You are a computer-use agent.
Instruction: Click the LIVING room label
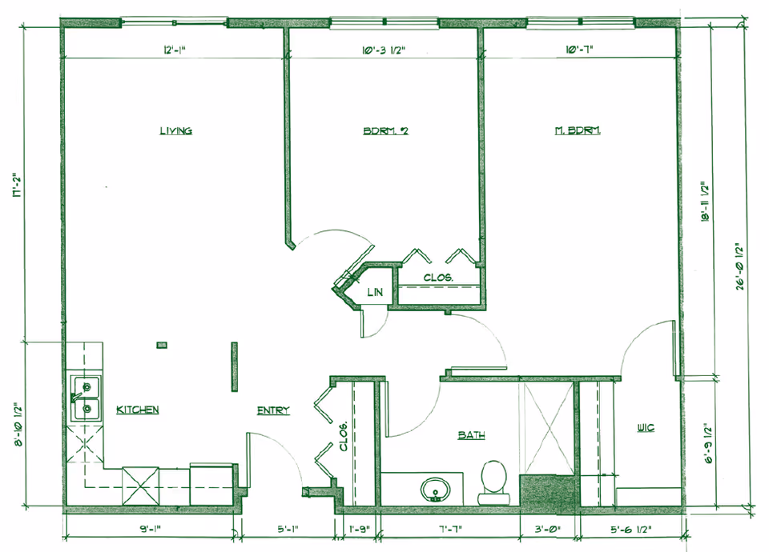pos(175,131)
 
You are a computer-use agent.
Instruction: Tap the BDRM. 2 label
pos(386,131)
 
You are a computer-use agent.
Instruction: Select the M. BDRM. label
pos(578,131)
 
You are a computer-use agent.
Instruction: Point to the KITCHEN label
pos(138,410)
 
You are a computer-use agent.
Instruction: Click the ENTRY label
pos(273,410)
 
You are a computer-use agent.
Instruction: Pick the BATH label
pos(471,435)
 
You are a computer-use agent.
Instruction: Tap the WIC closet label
pos(646,428)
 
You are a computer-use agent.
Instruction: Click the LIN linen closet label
pos(375,293)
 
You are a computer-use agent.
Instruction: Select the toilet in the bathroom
pos(491,480)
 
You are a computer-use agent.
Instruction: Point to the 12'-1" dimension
pos(175,51)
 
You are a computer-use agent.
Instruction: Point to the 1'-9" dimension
pos(359,529)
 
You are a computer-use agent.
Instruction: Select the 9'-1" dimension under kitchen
pos(151,529)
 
